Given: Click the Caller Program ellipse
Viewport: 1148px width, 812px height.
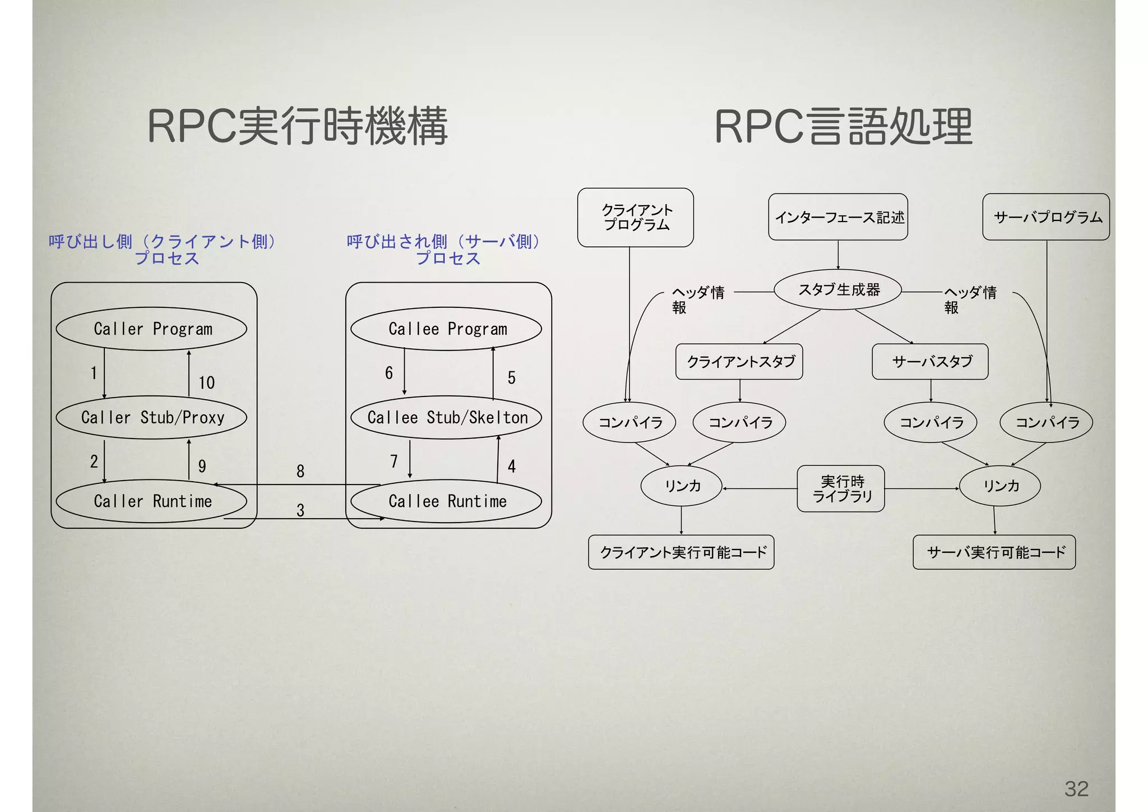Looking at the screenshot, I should (x=151, y=329).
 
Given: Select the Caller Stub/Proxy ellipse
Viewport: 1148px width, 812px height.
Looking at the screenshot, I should (x=151, y=417).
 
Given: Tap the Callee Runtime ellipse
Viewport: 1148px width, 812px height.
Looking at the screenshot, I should (x=446, y=501).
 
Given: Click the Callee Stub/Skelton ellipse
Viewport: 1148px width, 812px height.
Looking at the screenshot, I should (x=446, y=417).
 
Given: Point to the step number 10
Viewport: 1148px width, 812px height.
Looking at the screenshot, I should (x=206, y=383).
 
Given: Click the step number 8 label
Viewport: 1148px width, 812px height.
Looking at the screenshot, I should (x=300, y=471).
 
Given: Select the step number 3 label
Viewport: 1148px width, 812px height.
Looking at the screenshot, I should (x=300, y=510).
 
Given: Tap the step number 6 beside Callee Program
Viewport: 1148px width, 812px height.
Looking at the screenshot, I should (x=388, y=373).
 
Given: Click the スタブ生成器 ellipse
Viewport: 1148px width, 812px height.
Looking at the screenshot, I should (x=837, y=290).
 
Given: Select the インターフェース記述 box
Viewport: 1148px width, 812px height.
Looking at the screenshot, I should (x=838, y=217).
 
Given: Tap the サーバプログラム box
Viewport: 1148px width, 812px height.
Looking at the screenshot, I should (x=1046, y=217).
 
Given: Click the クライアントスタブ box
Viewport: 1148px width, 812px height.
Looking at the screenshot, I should (x=739, y=362).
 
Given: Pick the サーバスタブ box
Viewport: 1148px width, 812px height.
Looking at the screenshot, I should (x=930, y=362).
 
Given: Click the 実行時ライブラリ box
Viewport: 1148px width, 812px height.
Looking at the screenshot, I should (x=841, y=488).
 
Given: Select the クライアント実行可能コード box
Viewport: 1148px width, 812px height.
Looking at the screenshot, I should (x=681, y=552).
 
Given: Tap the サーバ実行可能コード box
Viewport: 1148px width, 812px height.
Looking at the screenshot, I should (x=994, y=552).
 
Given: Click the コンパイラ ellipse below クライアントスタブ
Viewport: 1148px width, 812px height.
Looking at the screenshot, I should (x=739, y=422).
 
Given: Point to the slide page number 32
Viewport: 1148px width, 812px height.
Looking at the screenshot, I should (x=1076, y=788).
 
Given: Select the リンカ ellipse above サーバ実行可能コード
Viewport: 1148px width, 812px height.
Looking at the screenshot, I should (x=1000, y=486).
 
